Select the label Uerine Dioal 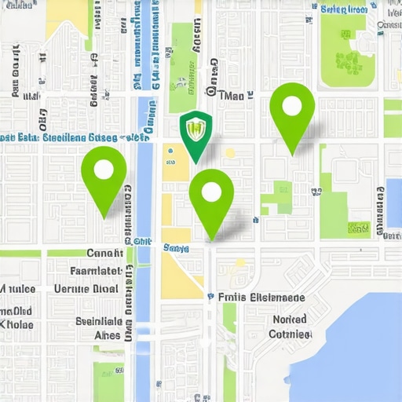(x=86, y=288)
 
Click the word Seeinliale (x=99, y=321)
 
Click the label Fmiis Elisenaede (x=260, y=298)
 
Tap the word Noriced (x=290, y=320)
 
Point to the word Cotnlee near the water (x=291, y=334)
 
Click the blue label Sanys (x=176, y=248)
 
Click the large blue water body (x=361, y=345)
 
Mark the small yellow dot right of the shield (x=230, y=153)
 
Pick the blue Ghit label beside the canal (x=142, y=242)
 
